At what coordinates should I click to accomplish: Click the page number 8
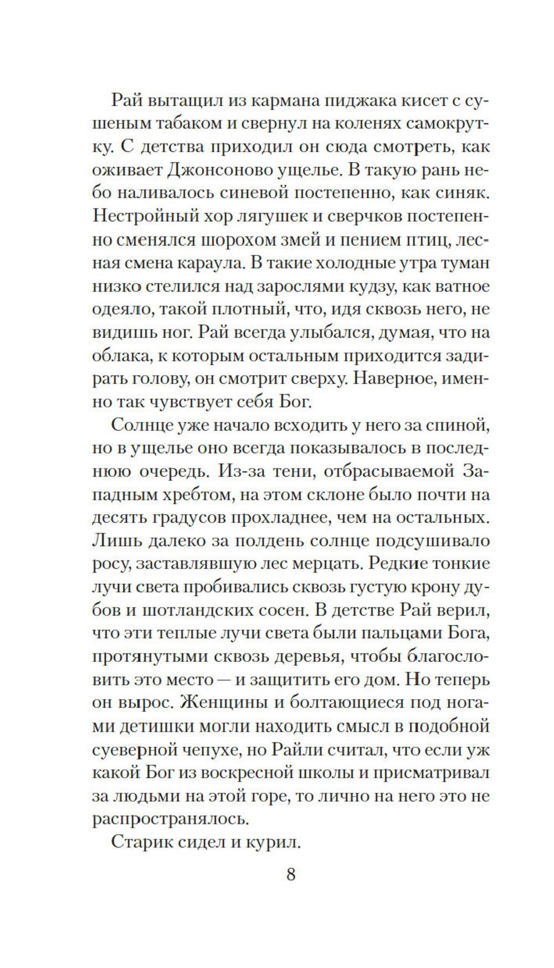pyautogui.click(x=291, y=876)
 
